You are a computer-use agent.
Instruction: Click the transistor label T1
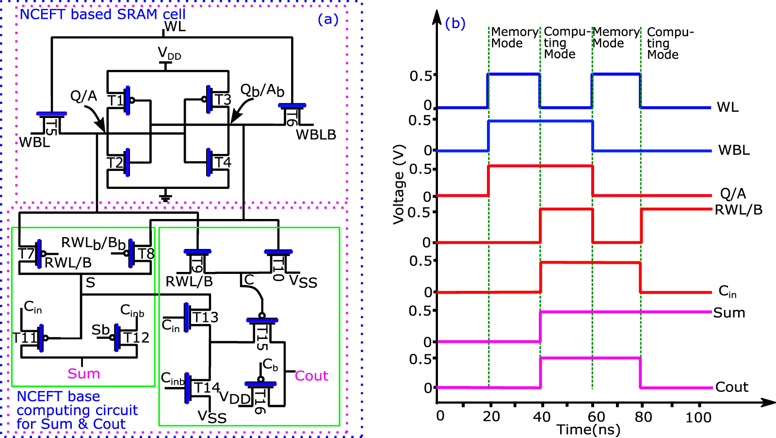(x=115, y=101)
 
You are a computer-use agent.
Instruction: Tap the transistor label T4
(x=223, y=162)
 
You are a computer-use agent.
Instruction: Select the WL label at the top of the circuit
(x=175, y=27)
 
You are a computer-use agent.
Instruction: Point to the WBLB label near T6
(x=316, y=135)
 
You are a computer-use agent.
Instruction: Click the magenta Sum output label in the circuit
(x=83, y=373)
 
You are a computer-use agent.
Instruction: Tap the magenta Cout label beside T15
(x=311, y=376)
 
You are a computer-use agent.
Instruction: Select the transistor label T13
(x=205, y=318)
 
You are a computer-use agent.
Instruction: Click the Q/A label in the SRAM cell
(x=83, y=96)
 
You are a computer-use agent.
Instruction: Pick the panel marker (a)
(x=328, y=19)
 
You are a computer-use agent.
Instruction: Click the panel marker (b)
(x=455, y=23)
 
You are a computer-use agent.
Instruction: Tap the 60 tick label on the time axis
(x=596, y=417)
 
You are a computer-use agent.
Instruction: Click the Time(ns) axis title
(x=588, y=430)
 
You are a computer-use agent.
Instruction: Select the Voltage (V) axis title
(x=399, y=185)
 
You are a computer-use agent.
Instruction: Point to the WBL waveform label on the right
(x=734, y=150)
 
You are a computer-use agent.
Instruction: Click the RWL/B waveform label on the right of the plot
(x=739, y=210)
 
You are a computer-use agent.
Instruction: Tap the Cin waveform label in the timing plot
(x=727, y=291)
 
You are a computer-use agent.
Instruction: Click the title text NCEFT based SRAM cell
(x=102, y=14)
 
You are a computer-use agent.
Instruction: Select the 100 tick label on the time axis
(x=698, y=417)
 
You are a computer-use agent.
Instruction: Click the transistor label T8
(x=146, y=254)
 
